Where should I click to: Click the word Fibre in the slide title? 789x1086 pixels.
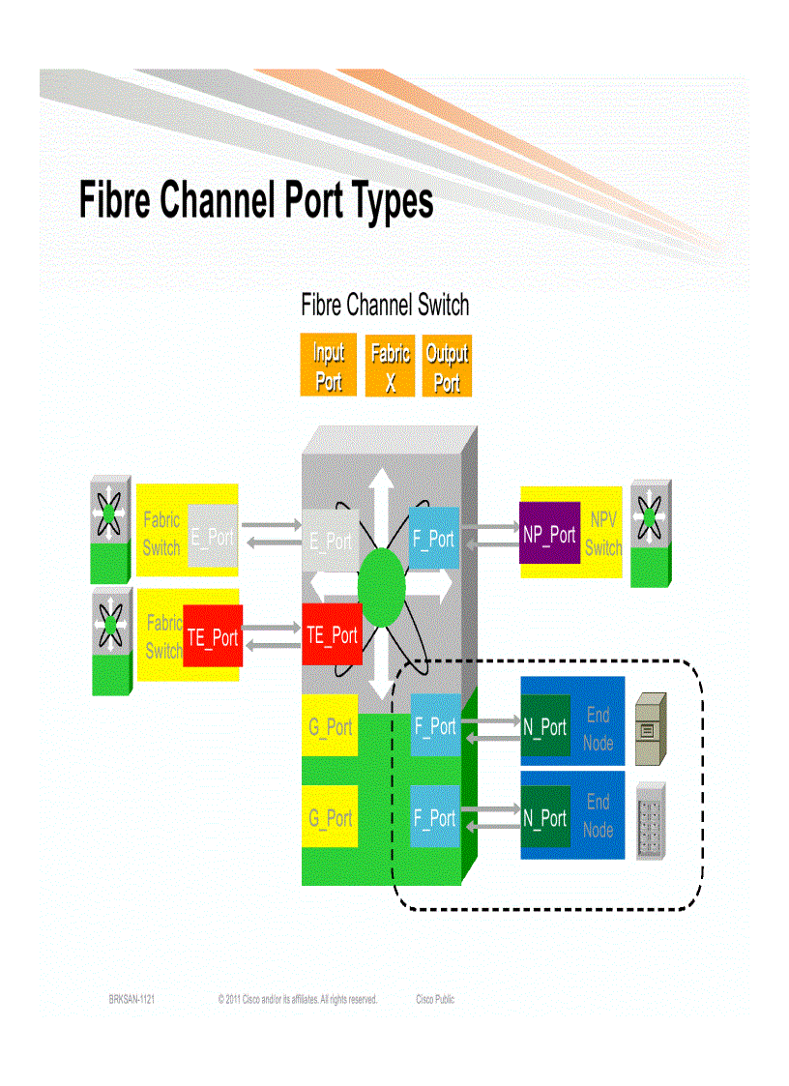point(114,201)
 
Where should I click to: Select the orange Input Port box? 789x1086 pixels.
point(328,367)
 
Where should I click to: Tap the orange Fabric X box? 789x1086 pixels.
point(390,367)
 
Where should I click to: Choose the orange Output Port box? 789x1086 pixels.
point(447,367)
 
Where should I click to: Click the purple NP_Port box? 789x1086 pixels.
point(548,533)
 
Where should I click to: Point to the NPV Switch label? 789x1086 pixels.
point(602,534)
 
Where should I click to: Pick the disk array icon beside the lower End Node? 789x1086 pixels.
point(653,819)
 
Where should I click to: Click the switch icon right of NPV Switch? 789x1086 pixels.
point(650,533)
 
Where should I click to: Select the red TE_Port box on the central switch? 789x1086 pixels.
point(332,634)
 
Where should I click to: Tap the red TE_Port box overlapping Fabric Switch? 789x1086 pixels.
point(212,636)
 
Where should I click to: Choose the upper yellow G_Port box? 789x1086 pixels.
point(330,724)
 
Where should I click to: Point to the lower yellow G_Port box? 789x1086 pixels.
point(330,817)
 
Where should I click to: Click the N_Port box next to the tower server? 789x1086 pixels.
point(545,726)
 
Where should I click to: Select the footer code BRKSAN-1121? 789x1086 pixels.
point(131,999)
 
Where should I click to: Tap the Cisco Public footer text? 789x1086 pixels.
point(435,999)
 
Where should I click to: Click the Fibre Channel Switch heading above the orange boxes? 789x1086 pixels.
point(385,306)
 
